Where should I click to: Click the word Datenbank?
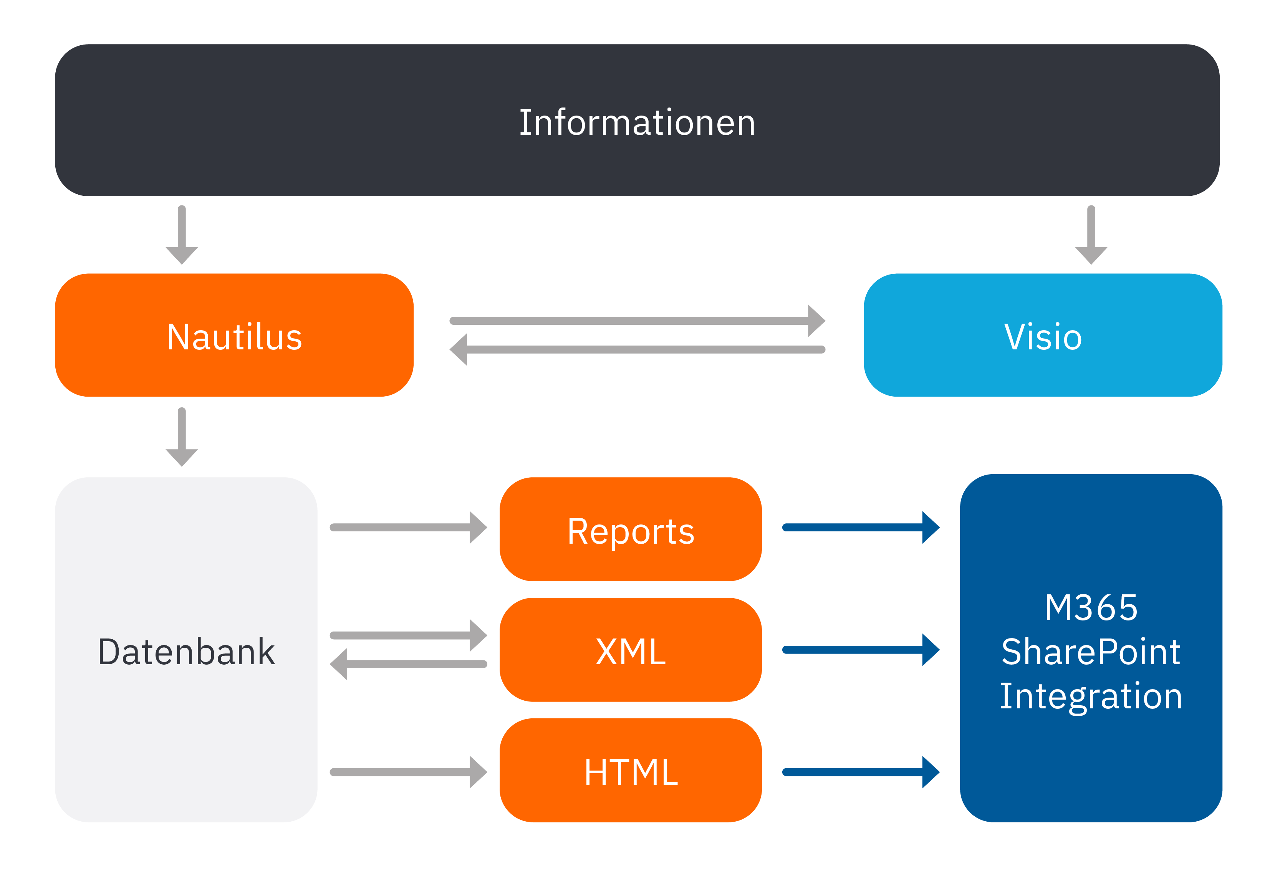(186, 652)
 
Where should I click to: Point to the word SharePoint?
(1090, 652)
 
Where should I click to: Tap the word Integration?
(1090, 696)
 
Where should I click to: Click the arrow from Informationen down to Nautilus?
(182, 234)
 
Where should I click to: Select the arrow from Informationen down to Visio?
(1090, 234)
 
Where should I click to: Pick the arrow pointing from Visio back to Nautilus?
(637, 349)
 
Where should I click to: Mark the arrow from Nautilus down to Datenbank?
(182, 437)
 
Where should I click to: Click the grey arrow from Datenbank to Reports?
(408, 528)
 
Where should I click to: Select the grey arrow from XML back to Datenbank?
(408, 664)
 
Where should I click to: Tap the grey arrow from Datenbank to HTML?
(408, 772)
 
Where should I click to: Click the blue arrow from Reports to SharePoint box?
(860, 528)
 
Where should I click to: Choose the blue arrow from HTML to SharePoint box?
(860, 772)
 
